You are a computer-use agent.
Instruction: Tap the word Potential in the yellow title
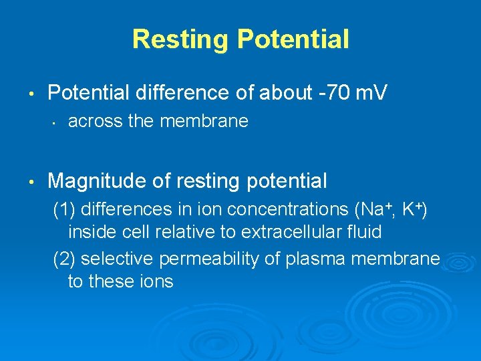293,39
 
